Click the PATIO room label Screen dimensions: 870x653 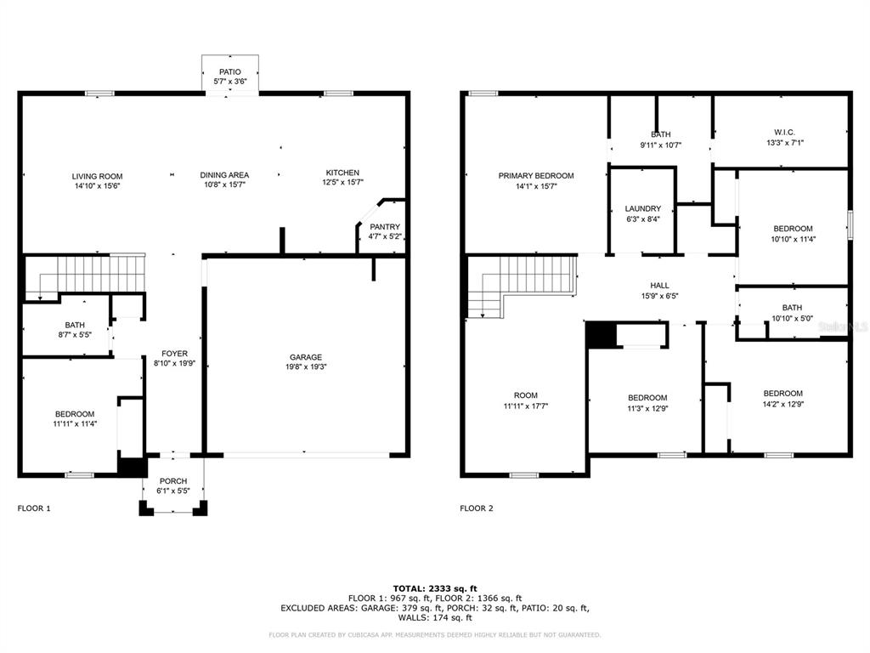pos(229,71)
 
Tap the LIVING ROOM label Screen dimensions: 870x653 pos(97,176)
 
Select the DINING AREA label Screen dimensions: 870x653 pos(224,175)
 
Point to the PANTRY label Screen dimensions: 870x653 pos(385,226)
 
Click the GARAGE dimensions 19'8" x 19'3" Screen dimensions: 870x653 pos(306,366)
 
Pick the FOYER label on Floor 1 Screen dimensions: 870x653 pos(174,353)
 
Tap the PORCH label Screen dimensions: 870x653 pos(173,481)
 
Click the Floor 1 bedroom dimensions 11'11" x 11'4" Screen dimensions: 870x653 pos(75,423)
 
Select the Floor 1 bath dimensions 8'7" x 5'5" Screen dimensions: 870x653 pos(75,334)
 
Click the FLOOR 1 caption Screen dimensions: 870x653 pos(34,508)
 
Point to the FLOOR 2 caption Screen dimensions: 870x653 pos(476,508)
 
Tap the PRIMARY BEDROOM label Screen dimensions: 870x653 pos(536,175)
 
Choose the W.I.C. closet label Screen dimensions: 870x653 pos(784,132)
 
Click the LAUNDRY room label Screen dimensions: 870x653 pos(643,208)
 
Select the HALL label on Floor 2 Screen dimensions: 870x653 pos(659,285)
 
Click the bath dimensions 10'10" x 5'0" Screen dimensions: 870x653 pos(793,318)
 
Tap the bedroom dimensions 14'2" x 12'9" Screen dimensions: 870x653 pos(782,404)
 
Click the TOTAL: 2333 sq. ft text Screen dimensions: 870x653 pos(435,588)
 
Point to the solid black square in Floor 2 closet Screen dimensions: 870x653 pos(602,335)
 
